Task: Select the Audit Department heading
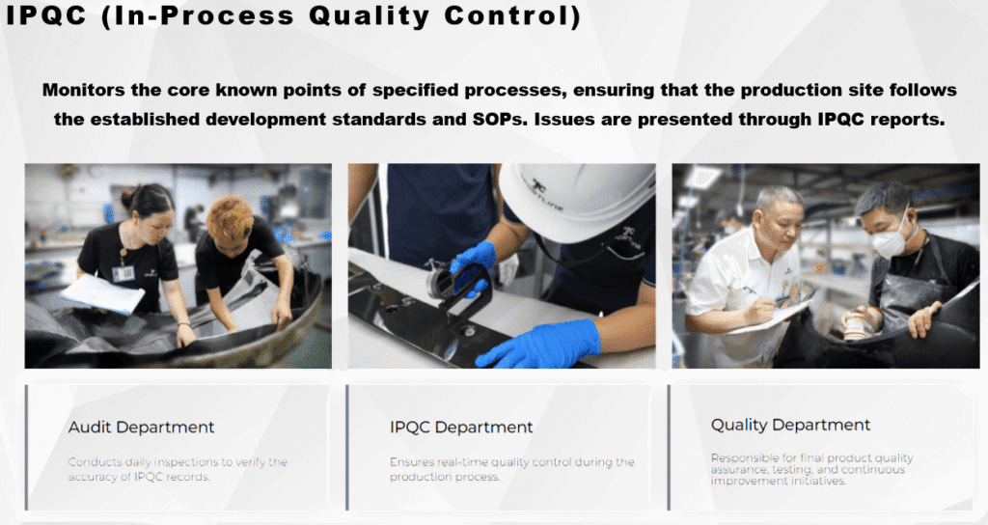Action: [141, 427]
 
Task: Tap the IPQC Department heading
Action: [461, 427]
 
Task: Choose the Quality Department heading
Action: [790, 425]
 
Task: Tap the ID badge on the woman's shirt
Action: [123, 273]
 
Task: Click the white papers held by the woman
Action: [102, 292]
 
